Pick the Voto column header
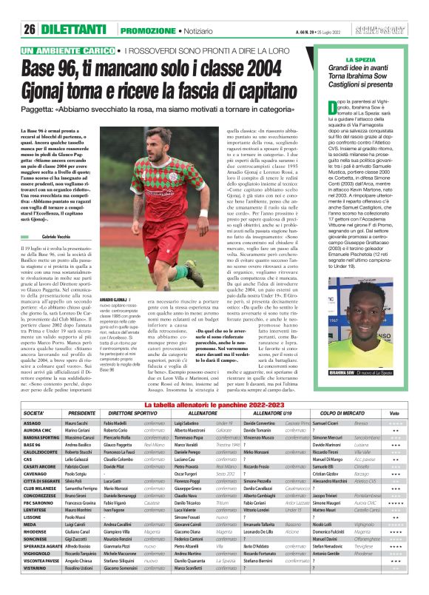coord(395,391)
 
